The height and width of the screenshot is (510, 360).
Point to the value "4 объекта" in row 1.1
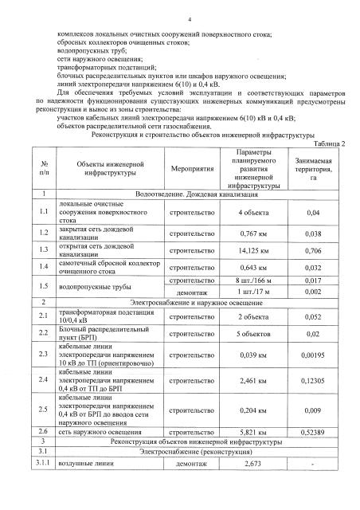[256, 213]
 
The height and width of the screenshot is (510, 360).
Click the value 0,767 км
[256, 233]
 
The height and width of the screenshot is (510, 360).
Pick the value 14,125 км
[256, 250]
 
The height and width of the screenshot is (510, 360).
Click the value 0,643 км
[256, 268]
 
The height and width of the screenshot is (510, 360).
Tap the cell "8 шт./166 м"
[256, 281]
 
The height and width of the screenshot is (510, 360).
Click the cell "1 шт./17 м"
[256, 292]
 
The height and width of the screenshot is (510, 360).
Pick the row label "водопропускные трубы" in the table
[90, 286]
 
